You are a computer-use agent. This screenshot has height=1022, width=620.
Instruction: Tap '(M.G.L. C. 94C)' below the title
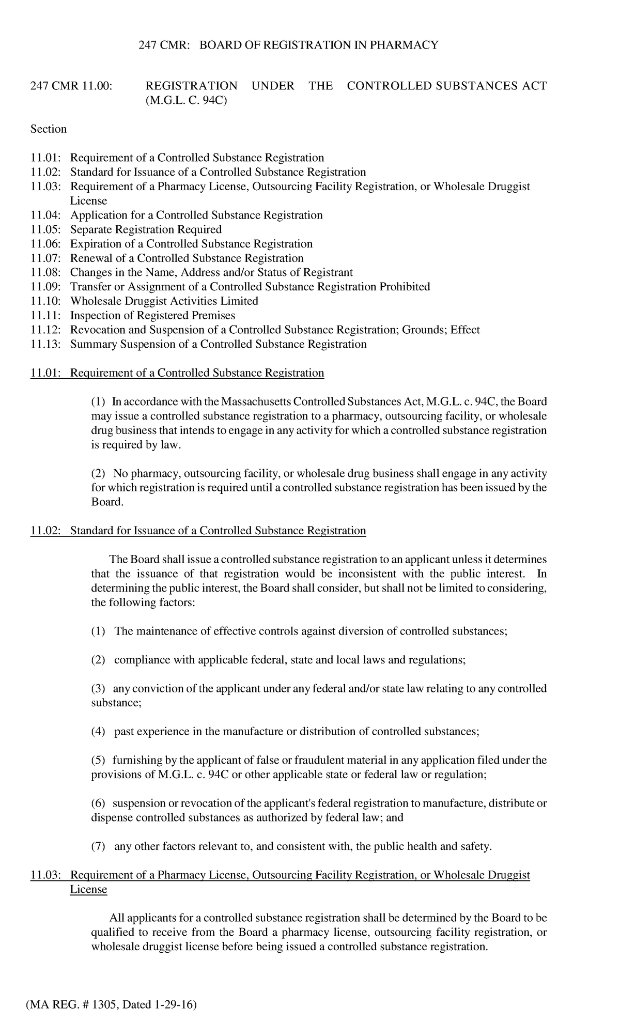[x=187, y=100]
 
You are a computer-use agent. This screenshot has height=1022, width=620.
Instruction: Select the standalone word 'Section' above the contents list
[x=49, y=129]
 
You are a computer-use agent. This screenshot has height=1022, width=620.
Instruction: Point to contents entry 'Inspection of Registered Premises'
[x=152, y=316]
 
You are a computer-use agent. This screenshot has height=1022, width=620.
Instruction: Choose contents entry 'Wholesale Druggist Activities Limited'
[x=164, y=301]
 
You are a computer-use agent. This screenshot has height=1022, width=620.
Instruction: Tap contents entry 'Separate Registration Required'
[x=146, y=229]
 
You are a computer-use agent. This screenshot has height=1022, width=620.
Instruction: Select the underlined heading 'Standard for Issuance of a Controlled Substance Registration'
[x=218, y=531]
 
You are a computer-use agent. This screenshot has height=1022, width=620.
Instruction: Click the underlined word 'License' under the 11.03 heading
[x=88, y=889]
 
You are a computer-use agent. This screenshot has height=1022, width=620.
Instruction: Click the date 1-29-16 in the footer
[x=176, y=1005]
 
